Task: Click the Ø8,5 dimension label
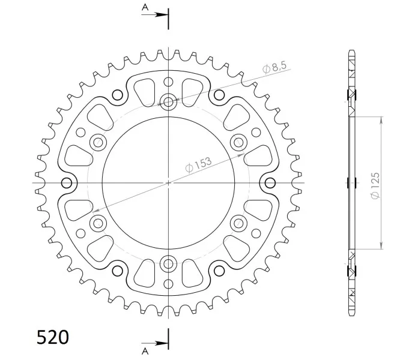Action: tap(274, 67)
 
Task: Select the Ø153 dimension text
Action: tap(198, 165)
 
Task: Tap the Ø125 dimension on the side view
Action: tap(375, 185)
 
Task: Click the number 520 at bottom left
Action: tap(52, 337)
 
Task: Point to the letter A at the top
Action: tap(145, 7)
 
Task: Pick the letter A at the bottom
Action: tap(145, 352)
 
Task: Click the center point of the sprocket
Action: tap(168, 183)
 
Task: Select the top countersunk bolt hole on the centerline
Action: tap(168, 101)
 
